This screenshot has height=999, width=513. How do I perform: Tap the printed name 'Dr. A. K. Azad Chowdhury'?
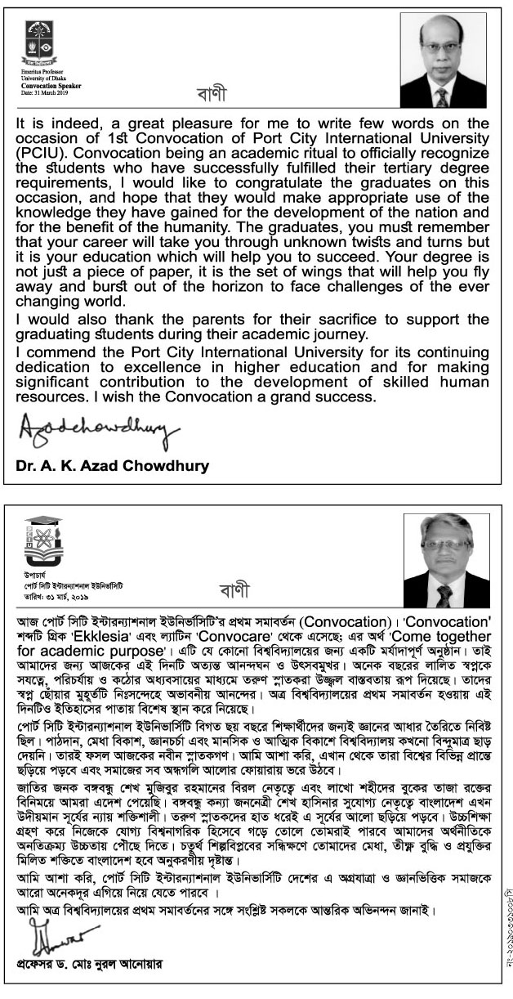point(112,467)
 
